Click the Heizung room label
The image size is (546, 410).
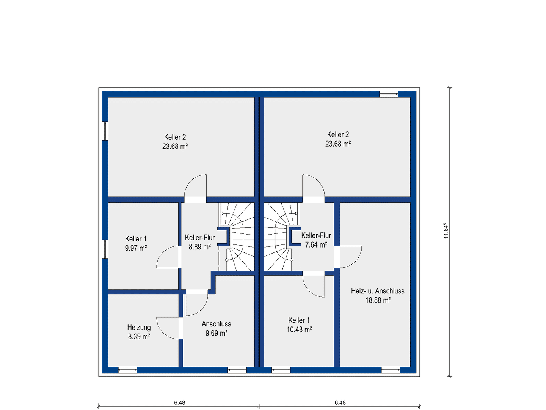click(139, 327)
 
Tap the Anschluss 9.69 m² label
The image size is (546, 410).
click(217, 328)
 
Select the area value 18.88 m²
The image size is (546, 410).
click(378, 300)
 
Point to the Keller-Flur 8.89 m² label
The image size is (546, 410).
click(200, 242)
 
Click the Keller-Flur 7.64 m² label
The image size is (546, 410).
click(316, 240)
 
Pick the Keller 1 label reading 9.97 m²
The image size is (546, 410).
click(136, 243)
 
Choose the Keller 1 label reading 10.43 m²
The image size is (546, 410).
click(299, 325)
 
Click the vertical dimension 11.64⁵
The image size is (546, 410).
click(446, 231)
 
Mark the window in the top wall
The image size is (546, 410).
click(389, 94)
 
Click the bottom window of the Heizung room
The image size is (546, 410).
click(128, 371)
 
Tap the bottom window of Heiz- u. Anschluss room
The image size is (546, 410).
click(391, 371)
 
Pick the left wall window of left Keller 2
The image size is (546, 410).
click(105, 131)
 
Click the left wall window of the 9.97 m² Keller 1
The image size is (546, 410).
click(105, 249)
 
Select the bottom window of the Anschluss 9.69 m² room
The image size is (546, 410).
click(237, 371)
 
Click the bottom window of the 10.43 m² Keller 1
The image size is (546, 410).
click(281, 371)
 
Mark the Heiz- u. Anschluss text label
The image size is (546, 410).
click(378, 291)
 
